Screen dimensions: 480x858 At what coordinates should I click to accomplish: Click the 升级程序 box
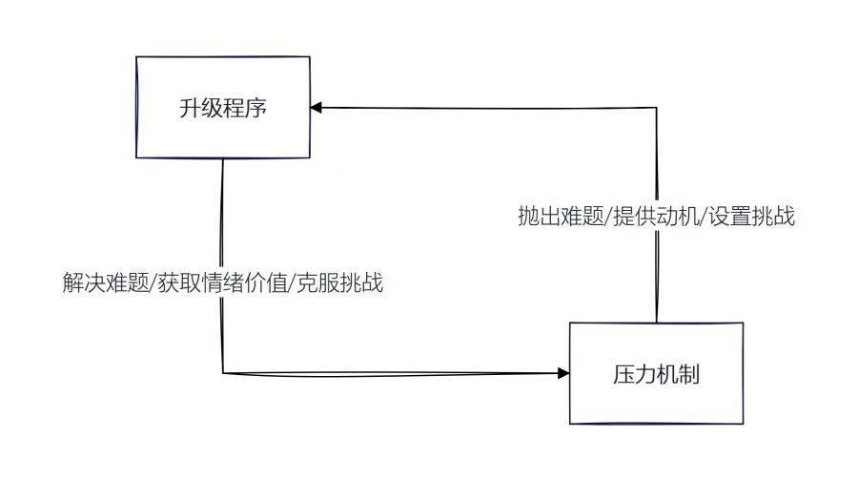coord(222,107)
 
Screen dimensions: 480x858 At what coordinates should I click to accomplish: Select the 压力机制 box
coord(656,373)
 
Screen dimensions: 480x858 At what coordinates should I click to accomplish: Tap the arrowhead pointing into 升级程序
coord(317,108)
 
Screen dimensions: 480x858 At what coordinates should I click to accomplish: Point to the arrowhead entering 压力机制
coord(562,373)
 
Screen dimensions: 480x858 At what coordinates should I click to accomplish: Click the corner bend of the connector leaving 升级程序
coord(223,372)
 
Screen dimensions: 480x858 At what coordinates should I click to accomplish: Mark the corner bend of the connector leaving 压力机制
coord(657,108)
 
